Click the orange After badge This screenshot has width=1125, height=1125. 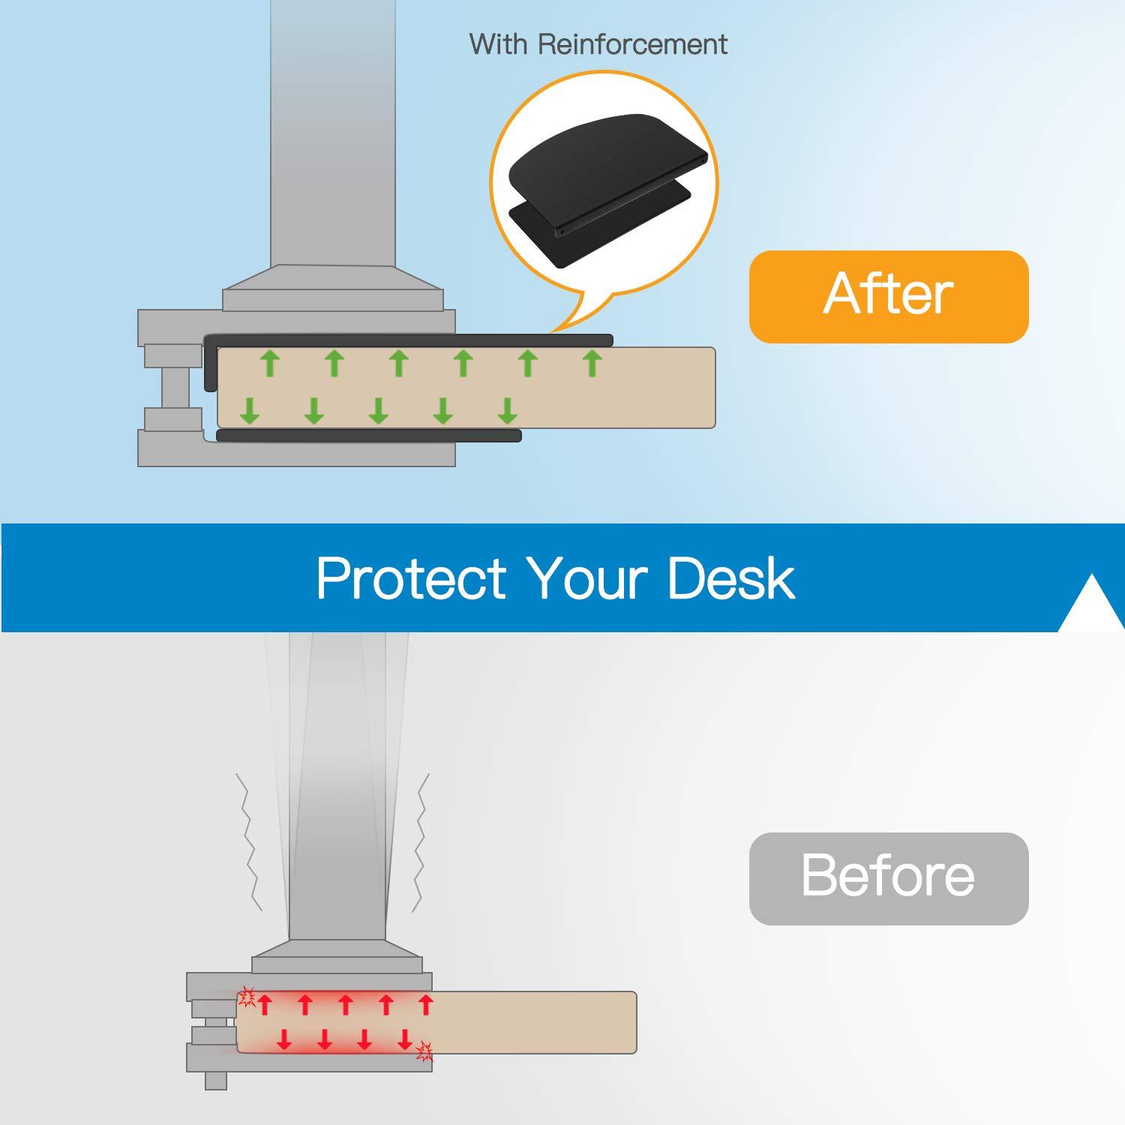[889, 296]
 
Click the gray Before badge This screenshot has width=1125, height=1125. [889, 877]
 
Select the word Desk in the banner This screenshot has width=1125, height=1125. [730, 579]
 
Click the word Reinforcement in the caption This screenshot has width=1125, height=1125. [632, 44]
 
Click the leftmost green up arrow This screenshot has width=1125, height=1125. [270, 363]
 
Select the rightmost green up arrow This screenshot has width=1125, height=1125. [592, 363]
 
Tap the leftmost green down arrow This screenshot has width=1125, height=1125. [250, 410]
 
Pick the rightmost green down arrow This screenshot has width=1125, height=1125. [508, 410]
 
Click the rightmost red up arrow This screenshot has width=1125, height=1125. [426, 1004]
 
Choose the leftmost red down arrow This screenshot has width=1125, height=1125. [284, 1039]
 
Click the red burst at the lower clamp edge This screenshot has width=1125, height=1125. [424, 1051]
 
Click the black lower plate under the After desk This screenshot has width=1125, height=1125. [368, 435]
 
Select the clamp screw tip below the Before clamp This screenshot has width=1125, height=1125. [216, 1080]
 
